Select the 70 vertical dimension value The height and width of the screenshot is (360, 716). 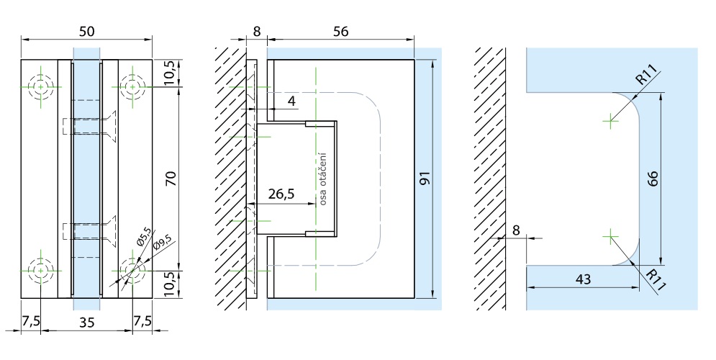(x=171, y=179)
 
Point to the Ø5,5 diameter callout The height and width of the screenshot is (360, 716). (x=141, y=235)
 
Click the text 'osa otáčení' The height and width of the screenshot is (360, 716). (x=324, y=179)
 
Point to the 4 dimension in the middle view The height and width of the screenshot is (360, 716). (x=291, y=101)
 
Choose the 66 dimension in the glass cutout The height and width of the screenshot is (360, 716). (x=653, y=179)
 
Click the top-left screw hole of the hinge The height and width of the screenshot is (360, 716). (x=41, y=88)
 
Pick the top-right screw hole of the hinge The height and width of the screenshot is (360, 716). (x=132, y=88)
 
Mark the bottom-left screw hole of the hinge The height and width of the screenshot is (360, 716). (x=41, y=270)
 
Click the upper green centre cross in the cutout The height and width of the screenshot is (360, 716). (x=610, y=120)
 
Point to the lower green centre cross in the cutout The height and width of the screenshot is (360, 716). (x=610, y=235)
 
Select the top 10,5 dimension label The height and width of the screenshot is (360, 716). (x=171, y=73)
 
